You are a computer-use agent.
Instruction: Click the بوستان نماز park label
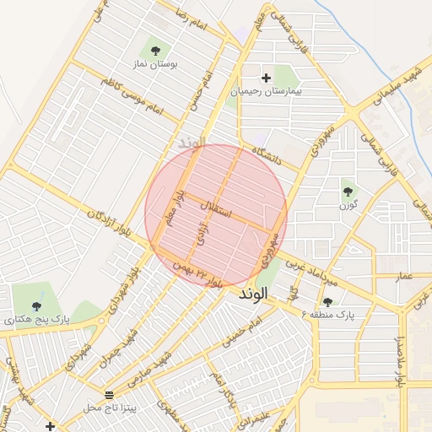153,63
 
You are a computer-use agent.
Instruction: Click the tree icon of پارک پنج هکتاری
35,306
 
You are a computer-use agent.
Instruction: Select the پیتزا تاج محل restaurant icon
109,395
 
